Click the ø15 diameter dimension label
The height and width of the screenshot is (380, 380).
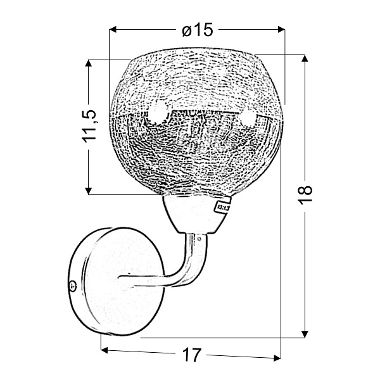click(x=198, y=30)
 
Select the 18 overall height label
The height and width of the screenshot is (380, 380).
click(x=305, y=195)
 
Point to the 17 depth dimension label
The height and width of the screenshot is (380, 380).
click(x=192, y=355)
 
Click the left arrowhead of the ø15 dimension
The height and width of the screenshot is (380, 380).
click(x=113, y=30)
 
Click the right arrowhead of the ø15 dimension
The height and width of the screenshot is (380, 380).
click(x=281, y=30)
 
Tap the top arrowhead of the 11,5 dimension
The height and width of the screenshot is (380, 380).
click(x=89, y=63)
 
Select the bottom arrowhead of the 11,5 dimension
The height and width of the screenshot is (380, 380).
click(x=89, y=191)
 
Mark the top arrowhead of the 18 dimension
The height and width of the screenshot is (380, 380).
click(x=305, y=59)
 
